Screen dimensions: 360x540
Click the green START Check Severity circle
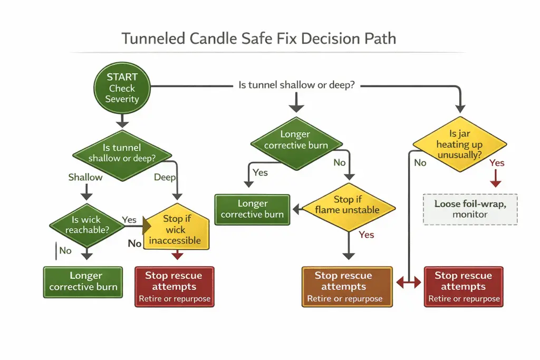pyautogui.click(x=122, y=87)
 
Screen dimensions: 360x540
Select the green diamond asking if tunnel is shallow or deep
pyautogui.click(x=122, y=153)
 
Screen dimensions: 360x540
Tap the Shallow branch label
pyautogui.click(x=85, y=177)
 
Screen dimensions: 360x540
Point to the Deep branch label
pyautogui.click(x=165, y=177)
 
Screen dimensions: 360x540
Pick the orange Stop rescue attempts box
pyautogui.click(x=347, y=286)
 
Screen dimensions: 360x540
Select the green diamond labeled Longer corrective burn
pyautogui.click(x=296, y=140)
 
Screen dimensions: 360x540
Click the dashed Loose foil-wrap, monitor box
pyautogui.click(x=470, y=209)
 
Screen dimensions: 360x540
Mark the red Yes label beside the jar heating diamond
pyautogui.click(x=497, y=163)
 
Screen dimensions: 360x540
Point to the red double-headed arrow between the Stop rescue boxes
pyautogui.click(x=409, y=283)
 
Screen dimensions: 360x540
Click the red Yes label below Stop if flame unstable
pyautogui.click(x=367, y=235)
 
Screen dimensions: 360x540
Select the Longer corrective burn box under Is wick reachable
pyautogui.click(x=83, y=281)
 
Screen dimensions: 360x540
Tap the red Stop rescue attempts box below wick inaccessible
pyautogui.click(x=175, y=286)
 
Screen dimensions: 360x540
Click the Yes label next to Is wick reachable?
pyautogui.click(x=129, y=219)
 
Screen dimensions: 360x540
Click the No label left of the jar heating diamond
pyautogui.click(x=420, y=163)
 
